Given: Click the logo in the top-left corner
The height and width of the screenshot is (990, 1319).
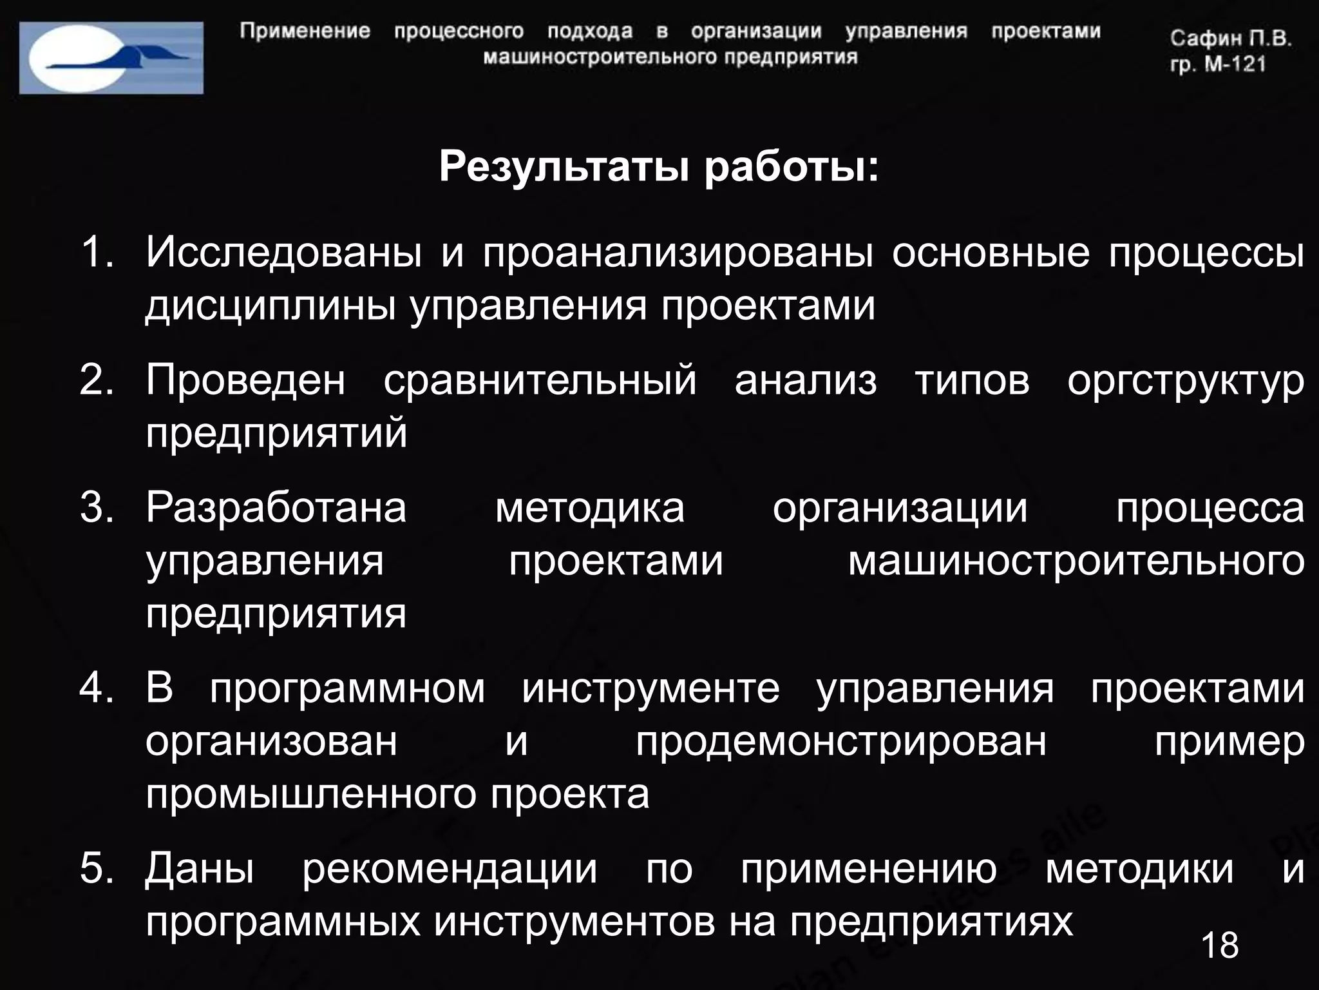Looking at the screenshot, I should coord(111,58).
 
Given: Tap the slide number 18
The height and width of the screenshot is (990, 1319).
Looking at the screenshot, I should coord(1219,946).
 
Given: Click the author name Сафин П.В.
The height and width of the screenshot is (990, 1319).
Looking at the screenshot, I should coord(1231,39).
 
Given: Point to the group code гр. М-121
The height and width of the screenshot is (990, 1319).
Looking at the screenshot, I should coord(1218,64).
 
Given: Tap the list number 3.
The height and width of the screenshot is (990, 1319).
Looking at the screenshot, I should coord(97,507).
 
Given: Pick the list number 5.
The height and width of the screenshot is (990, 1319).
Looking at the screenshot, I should coord(97,868).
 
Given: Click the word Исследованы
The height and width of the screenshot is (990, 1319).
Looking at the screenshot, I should coord(283,253).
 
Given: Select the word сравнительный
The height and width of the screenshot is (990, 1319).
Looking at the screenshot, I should coord(540,380).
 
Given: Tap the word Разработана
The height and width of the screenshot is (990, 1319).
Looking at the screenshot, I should coord(276,508).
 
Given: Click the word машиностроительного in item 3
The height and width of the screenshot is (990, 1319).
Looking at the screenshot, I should coord(1076,561).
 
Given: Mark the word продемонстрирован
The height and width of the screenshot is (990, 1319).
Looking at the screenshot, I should coord(841,742).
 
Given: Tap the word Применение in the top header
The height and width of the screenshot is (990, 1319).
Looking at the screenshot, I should coord(305,32).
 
